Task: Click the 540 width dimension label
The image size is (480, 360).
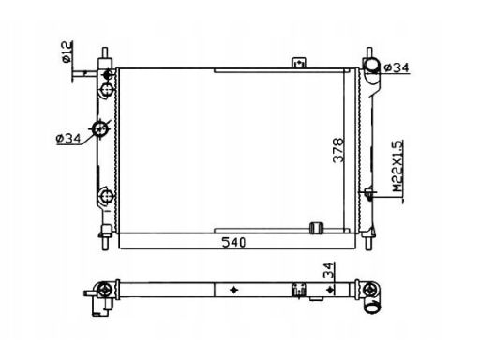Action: point(233,242)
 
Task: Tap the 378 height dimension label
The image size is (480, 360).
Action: point(338,150)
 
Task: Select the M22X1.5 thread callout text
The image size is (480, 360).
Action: point(397,166)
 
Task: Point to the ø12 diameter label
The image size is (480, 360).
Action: point(67,52)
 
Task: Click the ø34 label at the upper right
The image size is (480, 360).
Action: point(396,67)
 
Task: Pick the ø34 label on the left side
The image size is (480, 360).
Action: point(68,139)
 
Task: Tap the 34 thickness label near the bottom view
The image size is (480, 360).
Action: point(328,270)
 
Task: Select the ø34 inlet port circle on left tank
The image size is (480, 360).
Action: point(100,128)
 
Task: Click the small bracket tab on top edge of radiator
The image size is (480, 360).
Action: point(299,63)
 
